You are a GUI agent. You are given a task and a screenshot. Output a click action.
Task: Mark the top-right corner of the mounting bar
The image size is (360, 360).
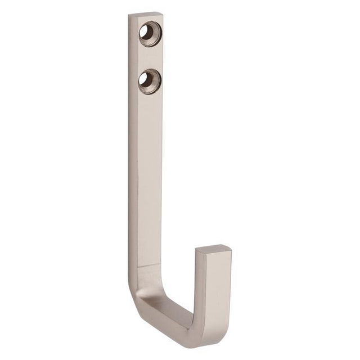tap(163, 13)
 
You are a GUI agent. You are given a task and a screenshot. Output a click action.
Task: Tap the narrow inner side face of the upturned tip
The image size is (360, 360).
tap(198, 287)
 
